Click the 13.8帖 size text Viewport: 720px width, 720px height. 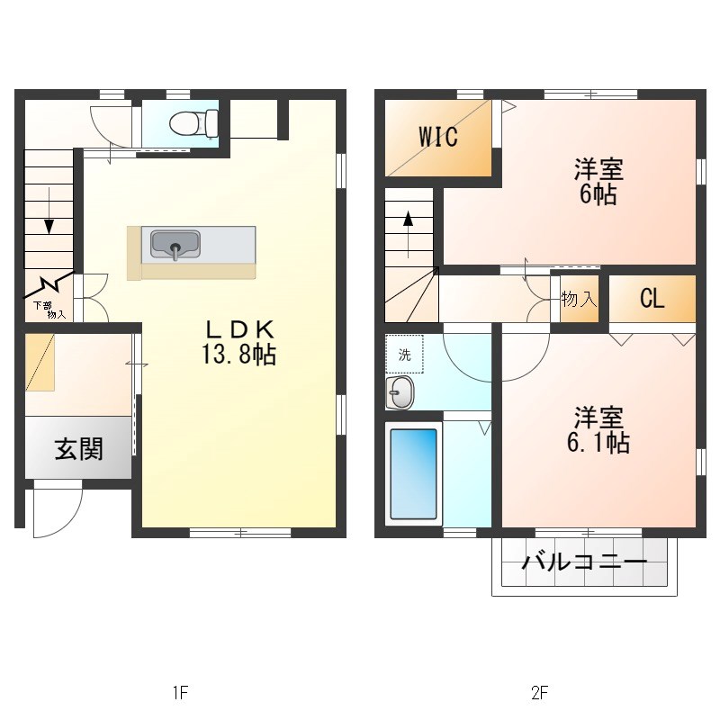238,355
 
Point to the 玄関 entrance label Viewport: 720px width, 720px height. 78,448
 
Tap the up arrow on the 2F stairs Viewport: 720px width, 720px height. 409,220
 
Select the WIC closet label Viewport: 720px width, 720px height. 438,137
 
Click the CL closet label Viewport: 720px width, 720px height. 652,299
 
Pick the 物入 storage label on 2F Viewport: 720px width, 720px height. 579,299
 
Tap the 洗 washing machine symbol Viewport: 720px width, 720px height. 404,355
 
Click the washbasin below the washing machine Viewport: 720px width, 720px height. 400,392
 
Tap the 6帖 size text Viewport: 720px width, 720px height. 598,194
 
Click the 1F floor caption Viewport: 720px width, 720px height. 180,692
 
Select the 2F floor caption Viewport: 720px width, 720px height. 539,692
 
